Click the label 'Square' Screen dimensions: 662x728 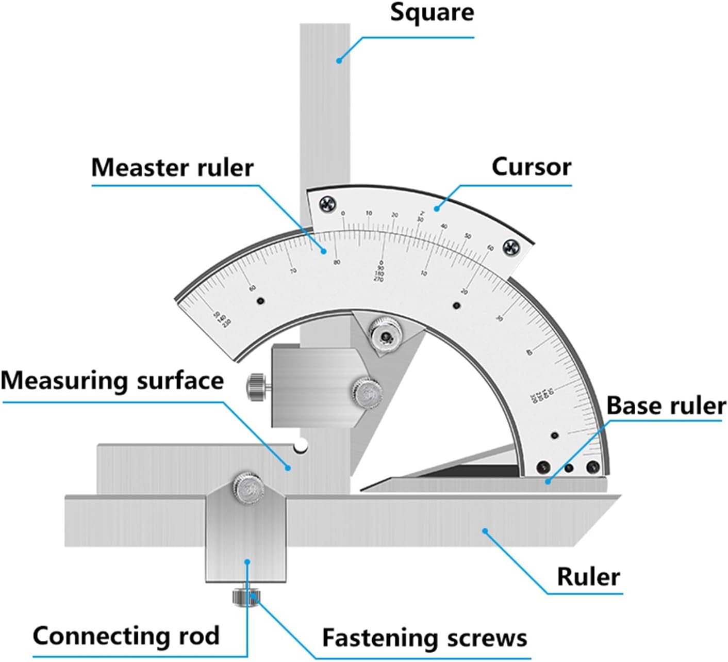pyautogui.click(x=432, y=12)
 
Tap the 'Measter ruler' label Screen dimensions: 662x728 pyautogui.click(x=172, y=168)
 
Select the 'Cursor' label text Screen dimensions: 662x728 pyautogui.click(x=531, y=167)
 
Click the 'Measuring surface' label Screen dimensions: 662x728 pyautogui.click(x=112, y=381)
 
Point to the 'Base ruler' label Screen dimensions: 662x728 pyautogui.click(x=666, y=406)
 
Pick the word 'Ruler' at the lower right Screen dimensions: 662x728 pyautogui.click(x=588, y=576)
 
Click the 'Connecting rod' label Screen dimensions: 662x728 pyautogui.click(x=126, y=636)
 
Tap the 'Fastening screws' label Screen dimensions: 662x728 pyautogui.click(x=424, y=638)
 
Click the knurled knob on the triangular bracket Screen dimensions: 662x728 pyautogui.click(x=385, y=334)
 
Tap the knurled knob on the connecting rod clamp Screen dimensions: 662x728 pyautogui.click(x=249, y=487)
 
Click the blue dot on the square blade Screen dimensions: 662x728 pyautogui.click(x=339, y=61)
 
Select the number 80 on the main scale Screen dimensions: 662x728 pyautogui.click(x=337, y=262)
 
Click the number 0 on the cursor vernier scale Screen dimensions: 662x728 pyautogui.click(x=343, y=213)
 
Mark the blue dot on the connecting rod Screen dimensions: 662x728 pyautogui.click(x=247, y=562)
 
